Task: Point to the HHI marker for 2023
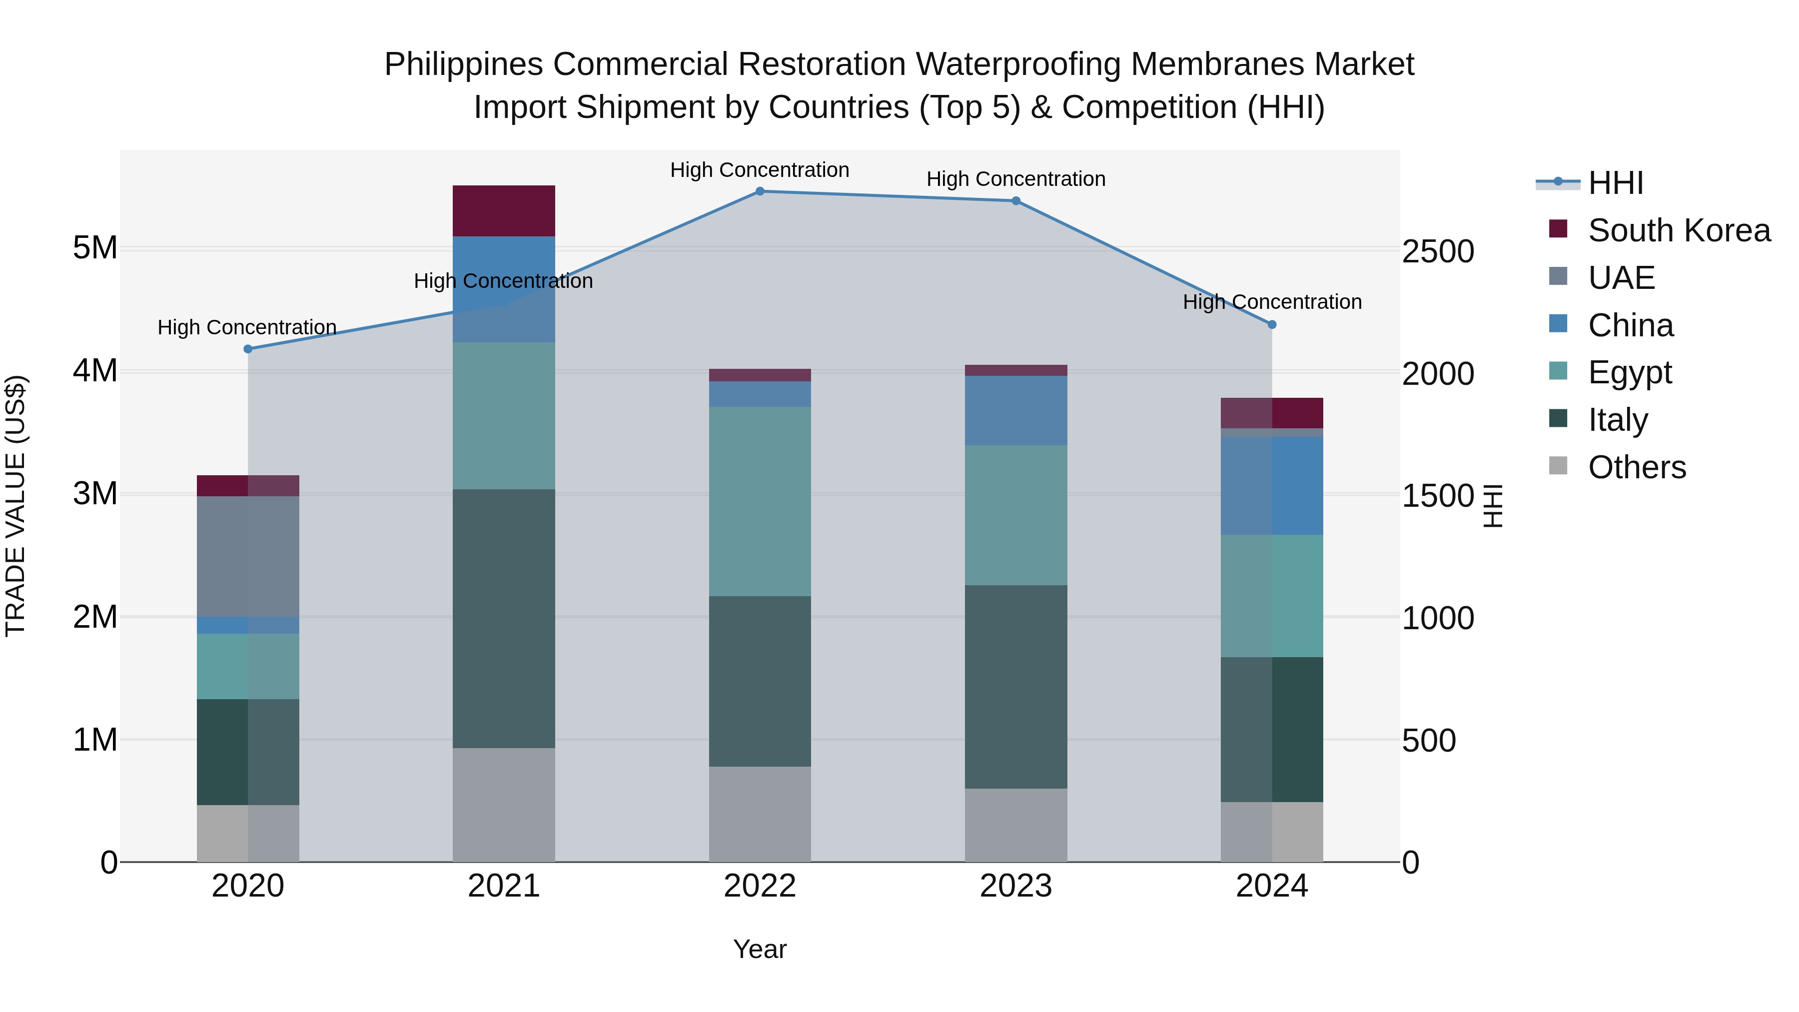(1016, 200)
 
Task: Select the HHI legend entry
(1615, 183)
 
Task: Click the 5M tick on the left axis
(95, 248)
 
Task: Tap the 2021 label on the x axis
(504, 886)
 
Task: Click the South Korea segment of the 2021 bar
(504, 210)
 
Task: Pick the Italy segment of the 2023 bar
(1016, 687)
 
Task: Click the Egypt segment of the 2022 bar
(760, 501)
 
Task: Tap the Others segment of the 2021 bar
(504, 805)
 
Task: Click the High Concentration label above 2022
(760, 170)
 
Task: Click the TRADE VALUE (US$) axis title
(15, 506)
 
